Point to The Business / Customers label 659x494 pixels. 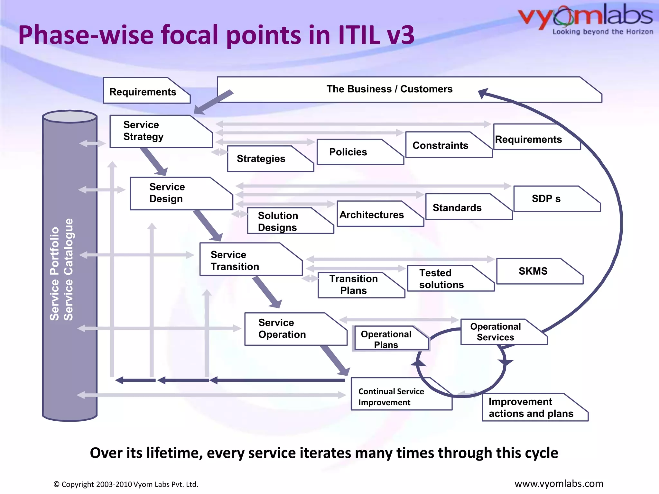tap(389, 89)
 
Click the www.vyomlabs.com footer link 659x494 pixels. tap(559, 484)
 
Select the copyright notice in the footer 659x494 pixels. tap(125, 484)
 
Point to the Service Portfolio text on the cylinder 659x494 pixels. tap(55, 273)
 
